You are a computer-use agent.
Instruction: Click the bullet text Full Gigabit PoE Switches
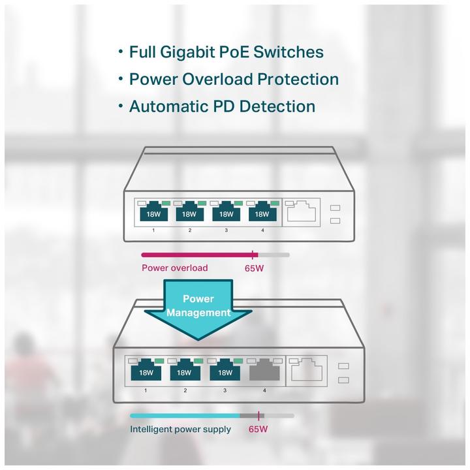point(226,52)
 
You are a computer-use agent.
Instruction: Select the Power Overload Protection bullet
point(234,79)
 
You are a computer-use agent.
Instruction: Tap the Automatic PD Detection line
point(222,106)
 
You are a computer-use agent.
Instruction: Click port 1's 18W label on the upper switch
point(152,213)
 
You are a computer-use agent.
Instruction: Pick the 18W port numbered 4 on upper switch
point(261,213)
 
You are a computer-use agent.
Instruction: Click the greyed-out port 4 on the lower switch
point(264,371)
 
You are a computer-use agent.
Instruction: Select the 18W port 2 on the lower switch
point(185,372)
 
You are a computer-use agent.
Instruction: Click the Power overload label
point(174,268)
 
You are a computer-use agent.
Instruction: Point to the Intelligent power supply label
point(180,430)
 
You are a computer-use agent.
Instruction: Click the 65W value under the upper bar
point(255,268)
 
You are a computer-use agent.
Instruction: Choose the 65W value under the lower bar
point(258,430)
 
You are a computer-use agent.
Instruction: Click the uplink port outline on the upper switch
point(302,212)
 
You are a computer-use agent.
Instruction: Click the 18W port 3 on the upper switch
point(226,213)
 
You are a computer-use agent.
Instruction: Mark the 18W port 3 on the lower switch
point(225,372)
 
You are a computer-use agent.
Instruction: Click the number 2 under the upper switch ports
point(189,230)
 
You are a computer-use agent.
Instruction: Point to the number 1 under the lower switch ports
point(144,390)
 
